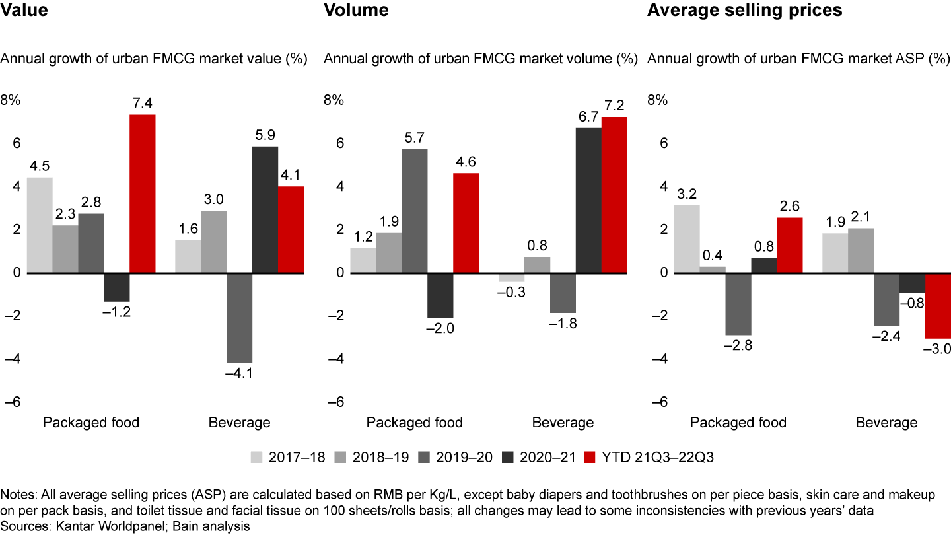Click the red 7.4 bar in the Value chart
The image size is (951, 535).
pyautogui.click(x=142, y=194)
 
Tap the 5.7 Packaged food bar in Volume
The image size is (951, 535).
pyautogui.click(x=414, y=211)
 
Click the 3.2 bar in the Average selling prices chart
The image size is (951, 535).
pyautogui.click(x=686, y=239)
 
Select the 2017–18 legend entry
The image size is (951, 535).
pyautogui.click(x=287, y=456)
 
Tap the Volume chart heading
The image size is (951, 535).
pyautogui.click(x=356, y=10)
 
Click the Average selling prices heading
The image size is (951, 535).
pyautogui.click(x=744, y=10)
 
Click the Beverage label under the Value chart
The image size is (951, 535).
pyautogui.click(x=239, y=423)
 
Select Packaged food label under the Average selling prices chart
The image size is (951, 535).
pyautogui.click(x=738, y=423)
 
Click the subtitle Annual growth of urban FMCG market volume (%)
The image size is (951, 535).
pyautogui.click(x=480, y=59)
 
